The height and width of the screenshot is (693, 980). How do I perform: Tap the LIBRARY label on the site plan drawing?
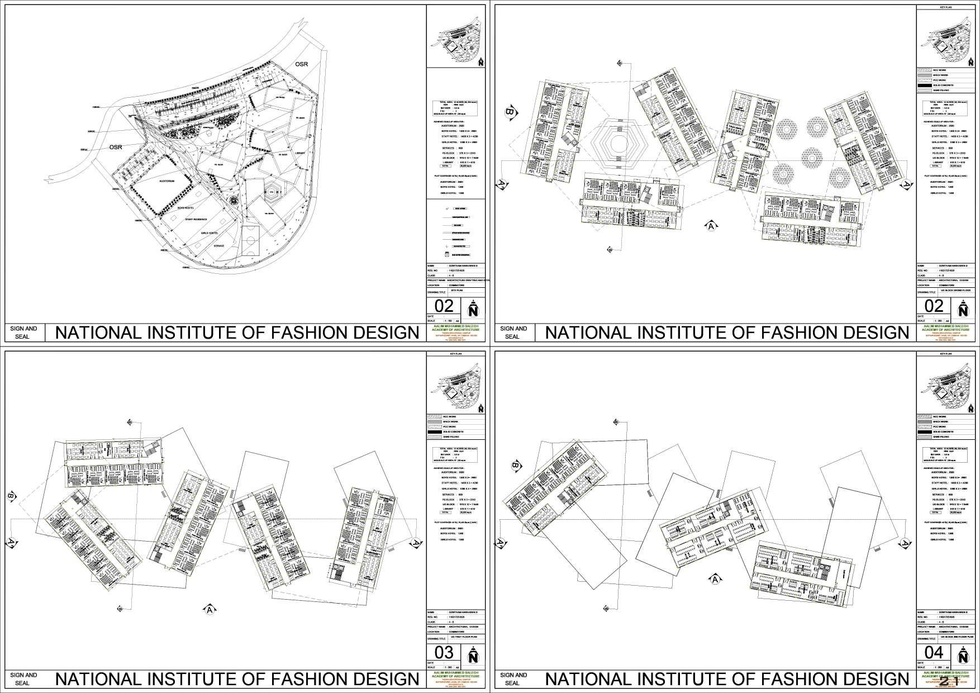(300, 153)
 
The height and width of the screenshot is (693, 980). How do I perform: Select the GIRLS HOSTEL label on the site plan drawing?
(209, 232)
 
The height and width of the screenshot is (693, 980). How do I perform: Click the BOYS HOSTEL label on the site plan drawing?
(185, 207)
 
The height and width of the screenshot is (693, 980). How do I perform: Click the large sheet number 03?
(444, 652)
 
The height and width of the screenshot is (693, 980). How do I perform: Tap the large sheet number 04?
(934, 652)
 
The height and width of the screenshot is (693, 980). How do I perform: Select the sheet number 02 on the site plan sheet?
(444, 306)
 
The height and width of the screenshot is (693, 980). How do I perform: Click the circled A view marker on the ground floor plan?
(711, 226)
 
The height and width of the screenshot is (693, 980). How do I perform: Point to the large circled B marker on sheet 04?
(515, 466)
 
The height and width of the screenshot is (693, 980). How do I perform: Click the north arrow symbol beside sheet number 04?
(963, 654)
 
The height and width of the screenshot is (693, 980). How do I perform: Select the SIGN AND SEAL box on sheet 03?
(24, 678)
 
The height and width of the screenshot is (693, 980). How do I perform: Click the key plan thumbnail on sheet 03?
(456, 385)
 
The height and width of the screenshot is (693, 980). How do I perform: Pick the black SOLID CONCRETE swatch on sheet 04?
(925, 432)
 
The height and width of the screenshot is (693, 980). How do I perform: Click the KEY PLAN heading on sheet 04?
(946, 354)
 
